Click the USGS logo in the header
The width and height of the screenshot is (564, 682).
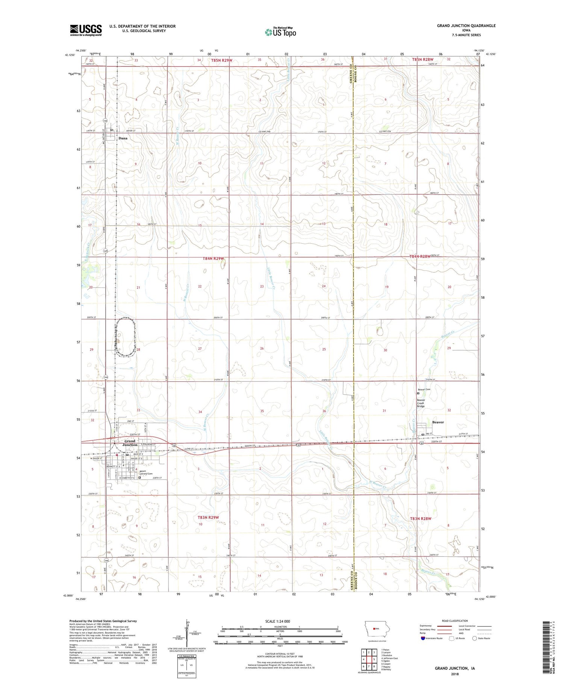click(86, 30)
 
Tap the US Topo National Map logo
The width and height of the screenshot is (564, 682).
click(280, 32)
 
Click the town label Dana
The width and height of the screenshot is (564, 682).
click(123, 138)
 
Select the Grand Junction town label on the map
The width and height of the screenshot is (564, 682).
click(130, 443)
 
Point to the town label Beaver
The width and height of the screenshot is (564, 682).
click(438, 422)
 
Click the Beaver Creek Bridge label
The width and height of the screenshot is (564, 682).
click(421, 403)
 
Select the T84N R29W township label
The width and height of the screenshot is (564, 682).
click(213, 258)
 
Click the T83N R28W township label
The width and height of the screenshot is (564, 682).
click(420, 518)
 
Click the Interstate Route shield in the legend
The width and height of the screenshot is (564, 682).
click(423, 638)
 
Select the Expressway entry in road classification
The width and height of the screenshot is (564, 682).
click(426, 626)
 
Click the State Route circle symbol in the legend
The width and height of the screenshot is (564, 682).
click(475, 638)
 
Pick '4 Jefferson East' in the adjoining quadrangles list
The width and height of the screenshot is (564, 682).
click(390, 658)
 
